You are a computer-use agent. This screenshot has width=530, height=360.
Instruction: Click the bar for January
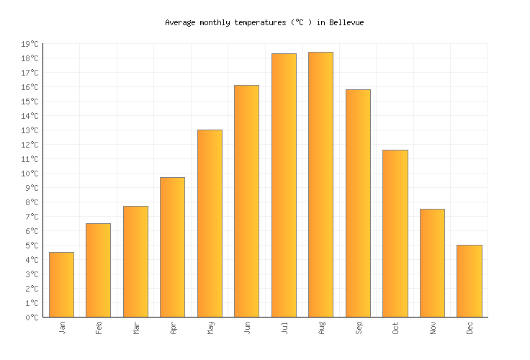(x=61, y=284)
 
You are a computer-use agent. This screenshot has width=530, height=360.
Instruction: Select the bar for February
(x=98, y=270)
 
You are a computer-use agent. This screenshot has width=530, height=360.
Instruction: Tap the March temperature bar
(x=135, y=261)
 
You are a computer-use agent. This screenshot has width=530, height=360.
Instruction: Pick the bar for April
(x=172, y=247)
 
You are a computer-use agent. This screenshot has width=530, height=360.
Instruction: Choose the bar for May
(x=210, y=223)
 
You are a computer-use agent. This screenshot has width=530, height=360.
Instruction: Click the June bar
(x=246, y=201)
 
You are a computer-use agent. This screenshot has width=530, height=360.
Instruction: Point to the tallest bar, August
(x=320, y=184)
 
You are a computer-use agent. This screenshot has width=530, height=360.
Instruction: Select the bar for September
(x=358, y=203)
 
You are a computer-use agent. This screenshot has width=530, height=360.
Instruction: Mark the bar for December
(x=469, y=281)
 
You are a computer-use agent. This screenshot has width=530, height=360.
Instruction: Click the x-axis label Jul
(x=284, y=328)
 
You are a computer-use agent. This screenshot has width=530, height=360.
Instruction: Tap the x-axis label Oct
(x=395, y=328)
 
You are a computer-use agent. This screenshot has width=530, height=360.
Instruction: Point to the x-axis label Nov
(x=433, y=328)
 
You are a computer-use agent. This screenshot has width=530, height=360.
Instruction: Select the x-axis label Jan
(x=62, y=328)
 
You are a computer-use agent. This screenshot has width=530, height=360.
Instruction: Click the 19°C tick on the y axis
(x=30, y=44)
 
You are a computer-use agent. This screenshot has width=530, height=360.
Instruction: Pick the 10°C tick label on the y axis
(x=30, y=174)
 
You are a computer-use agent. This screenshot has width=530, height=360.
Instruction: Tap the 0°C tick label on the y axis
(x=32, y=318)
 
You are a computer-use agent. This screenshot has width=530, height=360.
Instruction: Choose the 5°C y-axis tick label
(x=32, y=246)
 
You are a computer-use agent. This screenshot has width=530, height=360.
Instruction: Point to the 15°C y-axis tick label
(x=30, y=102)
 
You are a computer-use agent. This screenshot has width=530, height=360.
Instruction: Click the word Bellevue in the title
(x=346, y=22)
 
